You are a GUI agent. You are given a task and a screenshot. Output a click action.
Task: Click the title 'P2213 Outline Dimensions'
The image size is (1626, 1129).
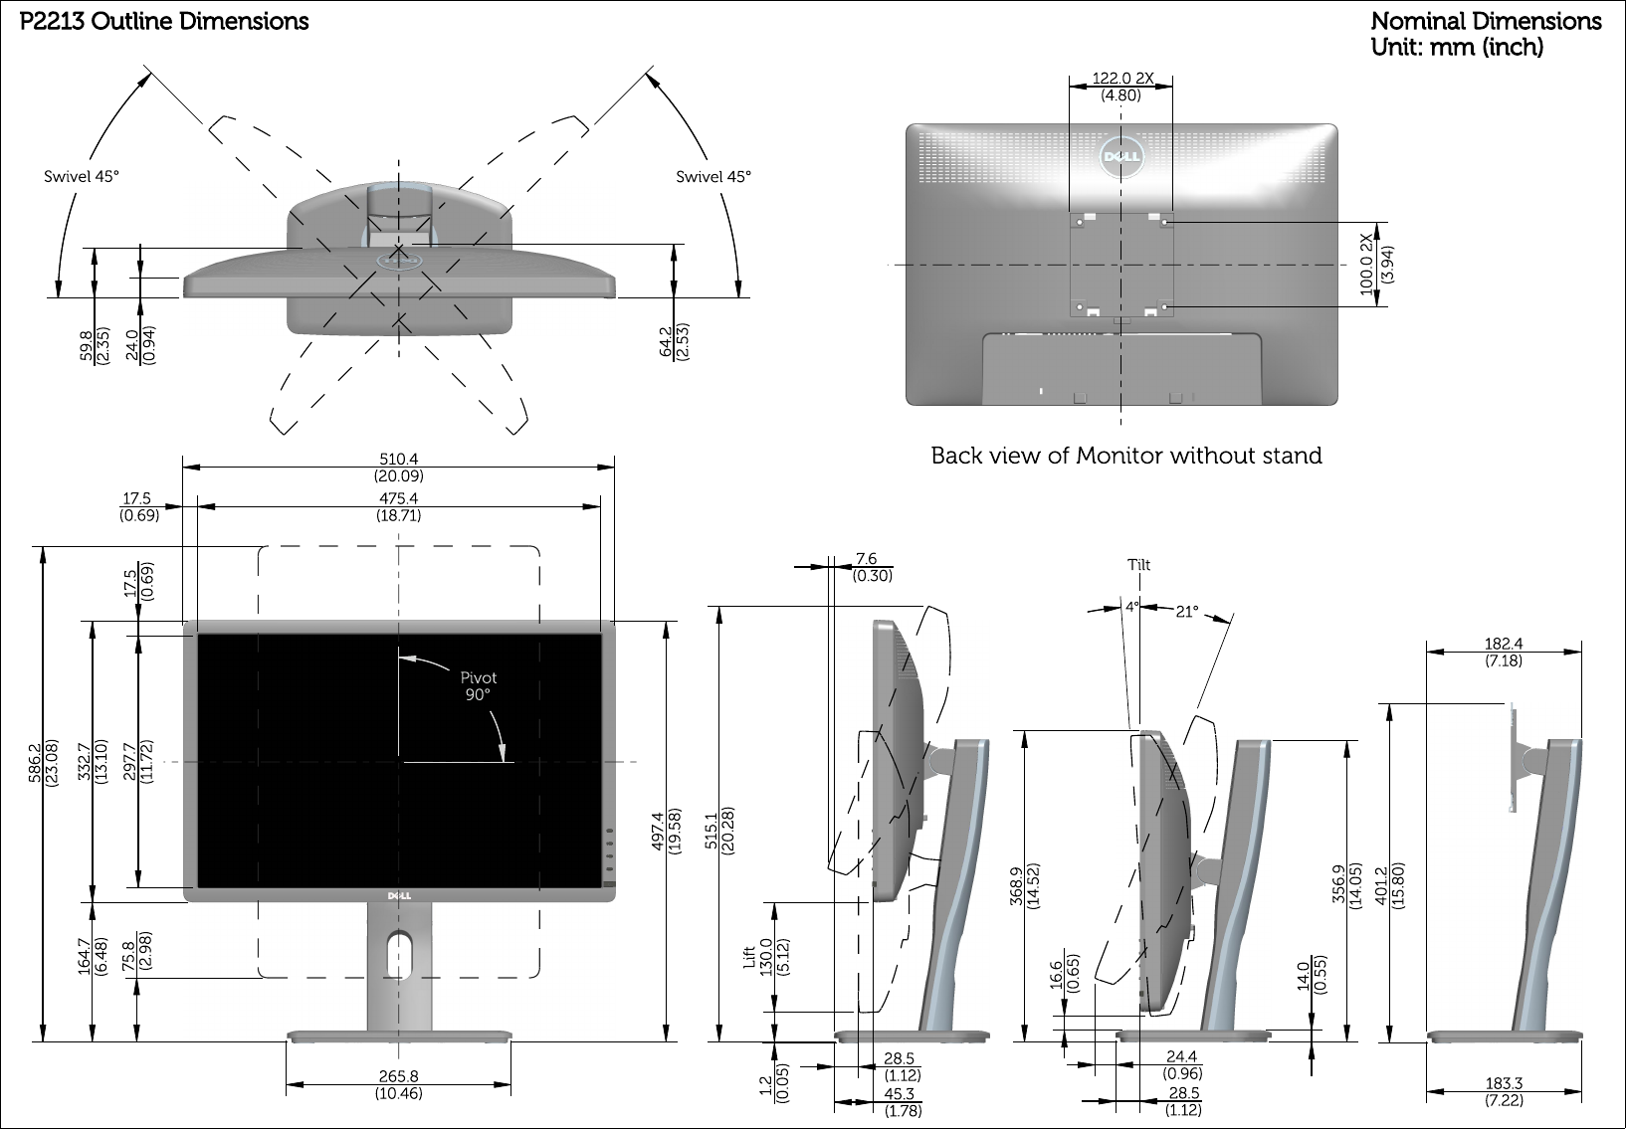click(x=164, y=21)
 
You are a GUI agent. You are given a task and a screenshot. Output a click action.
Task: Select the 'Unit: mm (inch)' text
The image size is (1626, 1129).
click(x=1457, y=46)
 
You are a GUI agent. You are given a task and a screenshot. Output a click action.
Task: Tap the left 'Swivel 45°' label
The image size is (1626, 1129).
click(x=82, y=177)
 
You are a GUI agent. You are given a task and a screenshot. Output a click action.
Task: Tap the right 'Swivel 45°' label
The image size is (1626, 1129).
click(x=713, y=177)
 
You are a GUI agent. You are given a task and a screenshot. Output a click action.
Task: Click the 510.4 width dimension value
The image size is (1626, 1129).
click(x=399, y=459)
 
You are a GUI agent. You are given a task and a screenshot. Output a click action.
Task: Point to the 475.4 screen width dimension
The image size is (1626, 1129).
click(x=399, y=499)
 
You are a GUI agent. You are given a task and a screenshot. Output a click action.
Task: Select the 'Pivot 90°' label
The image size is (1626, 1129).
click(x=478, y=686)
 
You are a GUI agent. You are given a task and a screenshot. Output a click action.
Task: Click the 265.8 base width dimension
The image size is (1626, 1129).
click(x=399, y=1075)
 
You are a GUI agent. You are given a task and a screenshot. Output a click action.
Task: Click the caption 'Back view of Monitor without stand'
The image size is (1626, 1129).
click(x=1126, y=456)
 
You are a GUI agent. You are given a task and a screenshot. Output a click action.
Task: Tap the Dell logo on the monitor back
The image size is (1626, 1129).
click(x=1121, y=156)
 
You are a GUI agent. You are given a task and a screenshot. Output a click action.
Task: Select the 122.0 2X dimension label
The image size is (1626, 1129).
click(x=1122, y=79)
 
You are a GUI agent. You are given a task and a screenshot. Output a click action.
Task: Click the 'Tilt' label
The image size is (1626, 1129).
click(x=1138, y=565)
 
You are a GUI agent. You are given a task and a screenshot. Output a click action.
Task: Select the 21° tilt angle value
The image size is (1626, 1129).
click(x=1186, y=612)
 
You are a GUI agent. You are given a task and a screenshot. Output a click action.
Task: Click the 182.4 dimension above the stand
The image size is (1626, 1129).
click(x=1504, y=644)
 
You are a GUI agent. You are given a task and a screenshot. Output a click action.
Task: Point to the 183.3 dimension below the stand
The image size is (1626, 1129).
click(x=1504, y=1083)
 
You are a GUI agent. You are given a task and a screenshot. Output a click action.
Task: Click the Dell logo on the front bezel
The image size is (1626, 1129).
click(x=399, y=895)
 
